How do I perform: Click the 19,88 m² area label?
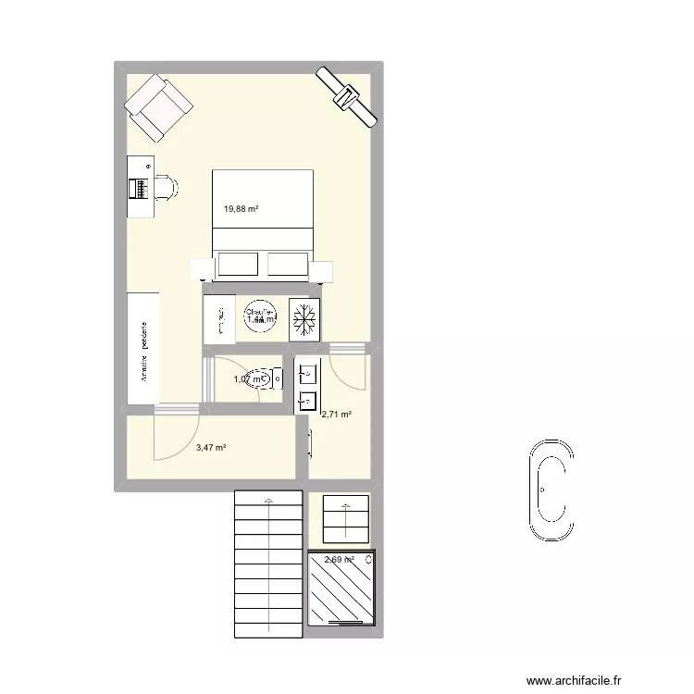coord(241,209)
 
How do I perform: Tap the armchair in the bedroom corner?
coord(160,107)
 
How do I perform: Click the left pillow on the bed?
coord(236,265)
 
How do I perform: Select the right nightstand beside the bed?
coord(321,271)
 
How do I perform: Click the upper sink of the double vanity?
coord(308,374)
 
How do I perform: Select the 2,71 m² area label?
coord(336,415)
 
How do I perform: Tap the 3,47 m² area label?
coord(211,448)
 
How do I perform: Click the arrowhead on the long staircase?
coord(268,501)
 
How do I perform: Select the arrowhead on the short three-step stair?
coord(346,506)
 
